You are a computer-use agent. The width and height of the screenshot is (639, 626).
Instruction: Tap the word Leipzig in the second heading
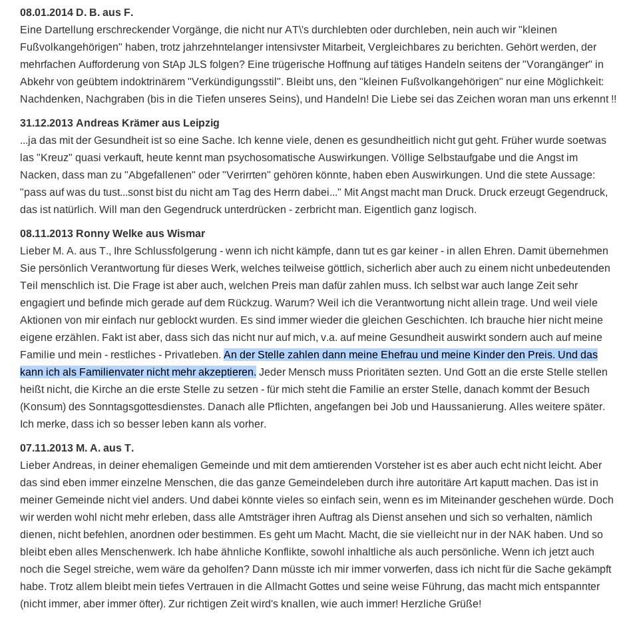coord(198,123)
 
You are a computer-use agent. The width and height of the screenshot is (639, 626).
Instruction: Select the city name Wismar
coord(186,234)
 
